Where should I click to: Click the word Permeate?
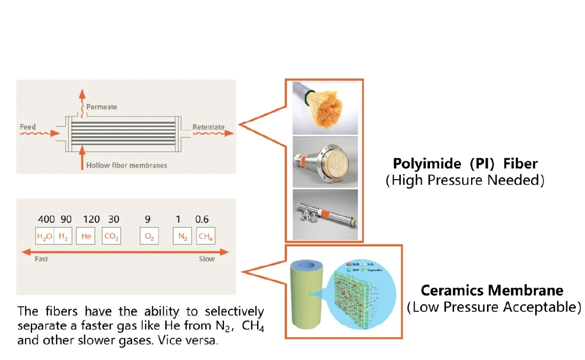102,107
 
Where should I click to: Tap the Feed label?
28,127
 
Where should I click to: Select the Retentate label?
208,127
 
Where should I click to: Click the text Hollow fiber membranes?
127,165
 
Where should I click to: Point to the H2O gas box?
45,236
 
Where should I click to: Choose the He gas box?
86,236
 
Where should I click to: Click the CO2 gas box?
111,236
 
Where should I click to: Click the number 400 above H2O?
46,219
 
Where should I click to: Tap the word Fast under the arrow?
41,259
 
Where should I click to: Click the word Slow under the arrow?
207,259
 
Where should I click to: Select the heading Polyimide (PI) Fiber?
465,164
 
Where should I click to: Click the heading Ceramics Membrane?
492,291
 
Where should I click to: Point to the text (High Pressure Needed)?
465,180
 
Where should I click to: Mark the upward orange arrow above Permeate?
80,98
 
